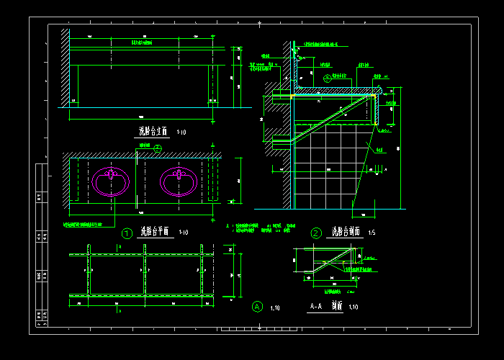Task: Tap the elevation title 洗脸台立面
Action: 153,132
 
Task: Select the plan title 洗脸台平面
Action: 154,232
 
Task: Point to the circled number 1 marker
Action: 127,233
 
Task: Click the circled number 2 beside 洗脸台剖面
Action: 316,233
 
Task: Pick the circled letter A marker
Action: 257,307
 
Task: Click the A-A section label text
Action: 316,307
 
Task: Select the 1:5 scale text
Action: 372,233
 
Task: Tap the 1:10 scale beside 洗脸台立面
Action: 181,132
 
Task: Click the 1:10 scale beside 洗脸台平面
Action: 183,233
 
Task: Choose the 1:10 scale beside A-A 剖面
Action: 354,307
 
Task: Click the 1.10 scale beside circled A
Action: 275,308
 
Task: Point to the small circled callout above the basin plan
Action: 158,148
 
